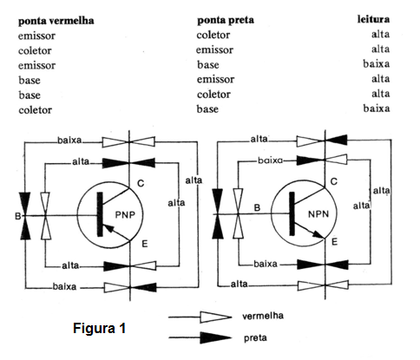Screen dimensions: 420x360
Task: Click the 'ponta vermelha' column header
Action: point(56,21)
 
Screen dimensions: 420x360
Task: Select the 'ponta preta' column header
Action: point(226,21)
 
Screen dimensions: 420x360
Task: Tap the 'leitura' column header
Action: point(373,19)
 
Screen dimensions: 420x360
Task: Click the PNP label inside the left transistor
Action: point(125,215)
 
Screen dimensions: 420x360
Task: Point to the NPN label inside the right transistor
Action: point(318,214)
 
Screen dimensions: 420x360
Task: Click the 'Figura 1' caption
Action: point(99,328)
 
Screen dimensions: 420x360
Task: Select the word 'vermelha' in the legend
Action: point(263,316)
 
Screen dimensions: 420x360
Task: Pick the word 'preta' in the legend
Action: point(255,337)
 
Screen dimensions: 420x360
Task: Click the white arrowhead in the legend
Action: point(215,317)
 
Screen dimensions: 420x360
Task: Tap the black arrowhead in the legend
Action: point(215,337)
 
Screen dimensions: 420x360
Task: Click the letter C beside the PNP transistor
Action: point(141,183)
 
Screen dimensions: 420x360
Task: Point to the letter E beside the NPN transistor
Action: point(334,241)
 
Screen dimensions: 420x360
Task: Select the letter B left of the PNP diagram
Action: point(18,216)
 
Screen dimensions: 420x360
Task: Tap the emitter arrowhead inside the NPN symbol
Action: point(319,233)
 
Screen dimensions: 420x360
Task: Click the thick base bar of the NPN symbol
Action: point(292,213)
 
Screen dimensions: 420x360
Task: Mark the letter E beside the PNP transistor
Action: point(145,244)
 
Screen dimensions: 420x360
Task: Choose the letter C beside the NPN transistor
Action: point(334,181)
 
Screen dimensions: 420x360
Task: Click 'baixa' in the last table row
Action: point(377,108)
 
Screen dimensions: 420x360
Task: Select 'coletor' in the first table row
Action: point(213,35)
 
